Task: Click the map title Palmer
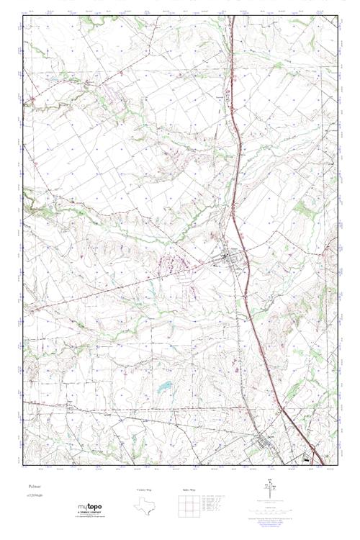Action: [34, 487]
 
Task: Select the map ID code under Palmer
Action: [35, 495]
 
